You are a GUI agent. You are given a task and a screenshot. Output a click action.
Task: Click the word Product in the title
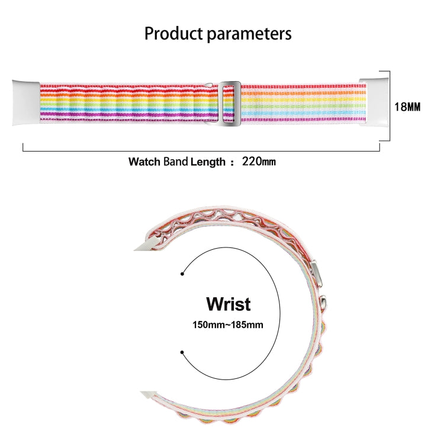[174, 33]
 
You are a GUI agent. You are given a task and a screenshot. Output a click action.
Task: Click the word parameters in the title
[249, 34]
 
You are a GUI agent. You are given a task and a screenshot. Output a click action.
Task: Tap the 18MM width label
[407, 107]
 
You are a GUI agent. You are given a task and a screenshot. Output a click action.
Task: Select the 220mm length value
[259, 161]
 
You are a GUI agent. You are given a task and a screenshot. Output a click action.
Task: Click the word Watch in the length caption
[144, 161]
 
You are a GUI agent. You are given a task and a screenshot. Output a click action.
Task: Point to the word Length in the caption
[207, 161]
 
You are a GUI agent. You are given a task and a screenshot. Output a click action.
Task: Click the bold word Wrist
[229, 304]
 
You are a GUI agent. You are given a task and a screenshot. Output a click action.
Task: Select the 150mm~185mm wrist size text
[228, 324]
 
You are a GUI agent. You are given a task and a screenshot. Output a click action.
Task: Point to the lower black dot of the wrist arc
[182, 353]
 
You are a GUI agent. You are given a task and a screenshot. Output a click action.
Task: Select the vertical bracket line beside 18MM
[390, 107]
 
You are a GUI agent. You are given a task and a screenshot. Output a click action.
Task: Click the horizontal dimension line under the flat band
[201, 150]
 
